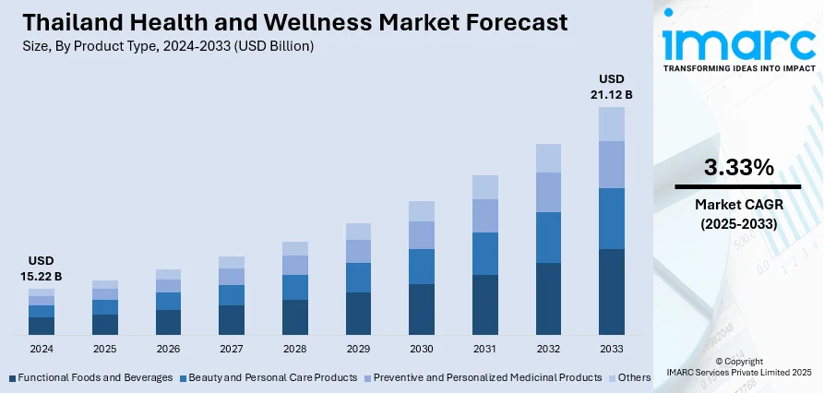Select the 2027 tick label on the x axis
[232, 349]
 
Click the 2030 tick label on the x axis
[422, 349]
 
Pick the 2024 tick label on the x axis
[42, 349]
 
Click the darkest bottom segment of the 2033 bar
[612, 291]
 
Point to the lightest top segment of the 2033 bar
[612, 124]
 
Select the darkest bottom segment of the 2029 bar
[358, 313]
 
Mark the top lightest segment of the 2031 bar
[485, 187]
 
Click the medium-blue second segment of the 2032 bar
[548, 237]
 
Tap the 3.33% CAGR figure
[738, 167]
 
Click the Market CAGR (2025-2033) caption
[738, 213]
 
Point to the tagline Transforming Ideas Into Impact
[738, 68]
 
